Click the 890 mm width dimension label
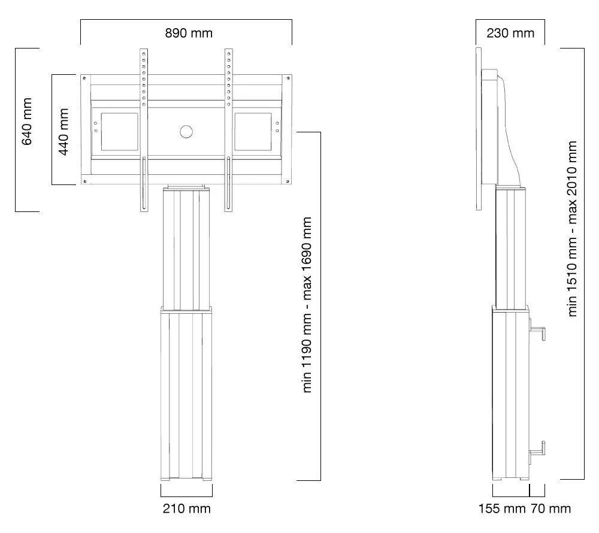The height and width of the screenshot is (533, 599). [x=189, y=33]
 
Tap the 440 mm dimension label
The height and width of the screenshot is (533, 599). [x=63, y=131]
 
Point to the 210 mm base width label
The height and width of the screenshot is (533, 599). [x=187, y=508]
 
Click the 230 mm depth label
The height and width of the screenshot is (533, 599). [x=510, y=33]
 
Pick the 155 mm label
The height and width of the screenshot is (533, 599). [x=502, y=508]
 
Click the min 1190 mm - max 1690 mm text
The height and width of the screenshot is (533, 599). [x=308, y=305]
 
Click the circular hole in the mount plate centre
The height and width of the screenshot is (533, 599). [x=186, y=131]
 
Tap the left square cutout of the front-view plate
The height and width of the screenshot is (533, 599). [x=119, y=131]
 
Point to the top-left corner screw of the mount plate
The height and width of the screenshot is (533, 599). [x=85, y=78]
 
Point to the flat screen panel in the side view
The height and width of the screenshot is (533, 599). [x=479, y=129]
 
